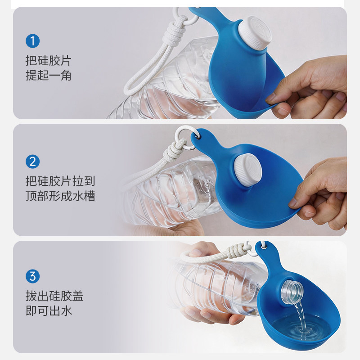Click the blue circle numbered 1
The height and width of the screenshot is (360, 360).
(x=32, y=41)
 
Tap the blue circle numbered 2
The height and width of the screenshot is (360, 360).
(x=32, y=162)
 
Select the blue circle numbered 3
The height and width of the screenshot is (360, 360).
(x=32, y=276)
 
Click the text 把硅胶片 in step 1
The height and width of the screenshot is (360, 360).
(x=49, y=61)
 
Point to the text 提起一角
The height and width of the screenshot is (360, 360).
(x=49, y=76)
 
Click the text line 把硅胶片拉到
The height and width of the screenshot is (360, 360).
(x=60, y=181)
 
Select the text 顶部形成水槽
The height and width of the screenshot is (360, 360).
(x=60, y=196)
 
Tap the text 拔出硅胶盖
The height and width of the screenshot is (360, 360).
(x=54, y=296)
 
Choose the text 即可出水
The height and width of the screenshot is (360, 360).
(x=49, y=310)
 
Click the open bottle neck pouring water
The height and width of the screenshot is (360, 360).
(x=292, y=292)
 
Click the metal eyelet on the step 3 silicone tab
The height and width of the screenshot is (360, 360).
(x=265, y=247)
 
